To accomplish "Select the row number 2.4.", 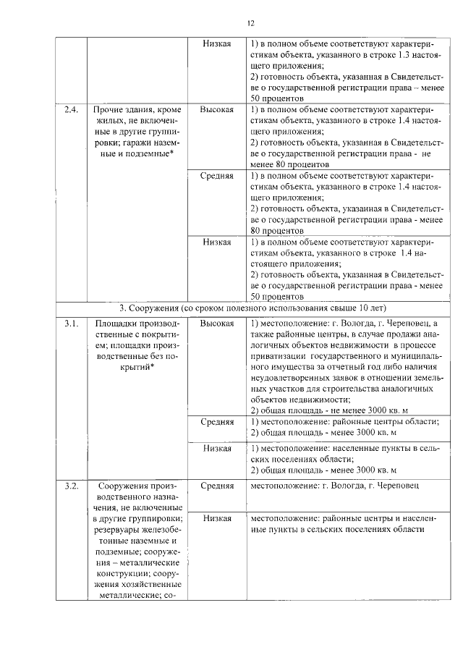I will pos(70,109).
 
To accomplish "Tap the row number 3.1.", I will pos(70,323).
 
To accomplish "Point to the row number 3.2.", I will pos(70,485).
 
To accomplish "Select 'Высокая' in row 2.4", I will pos(216,109).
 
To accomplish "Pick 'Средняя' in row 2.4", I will pos(216,176).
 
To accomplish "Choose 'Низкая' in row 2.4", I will pos(216,242).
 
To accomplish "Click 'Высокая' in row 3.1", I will pos(216,323).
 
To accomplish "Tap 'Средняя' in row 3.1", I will pos(216,421).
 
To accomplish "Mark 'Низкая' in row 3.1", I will pos(216,448).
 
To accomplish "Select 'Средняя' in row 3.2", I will pos(216,485).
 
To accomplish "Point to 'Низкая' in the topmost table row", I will pos(216,44).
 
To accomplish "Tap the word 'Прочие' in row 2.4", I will pos(109,109).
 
